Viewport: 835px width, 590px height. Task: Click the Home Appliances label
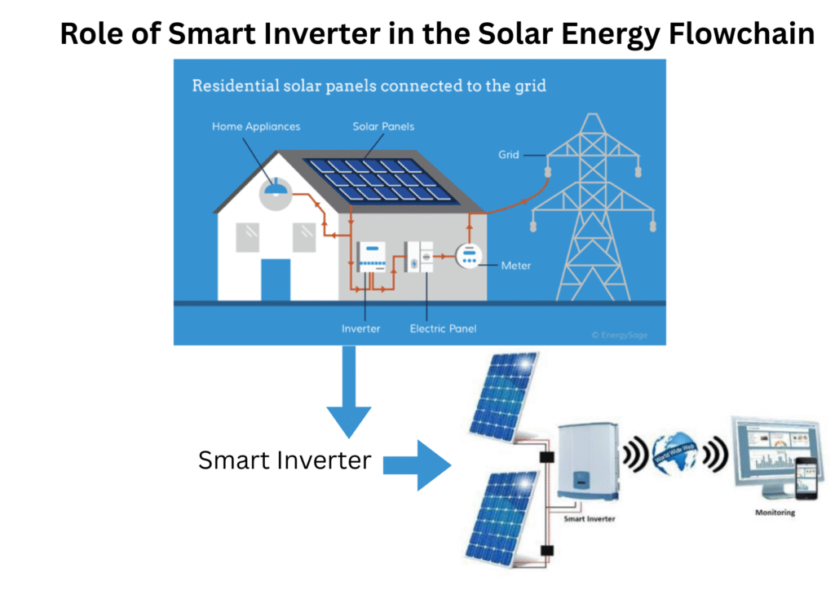pyautogui.click(x=256, y=126)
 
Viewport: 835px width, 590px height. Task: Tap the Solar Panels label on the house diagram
pyautogui.click(x=383, y=126)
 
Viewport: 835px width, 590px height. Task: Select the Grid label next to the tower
pyautogui.click(x=508, y=154)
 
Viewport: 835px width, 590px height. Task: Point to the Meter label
pyautogui.click(x=515, y=265)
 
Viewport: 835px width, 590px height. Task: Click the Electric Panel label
pyautogui.click(x=443, y=328)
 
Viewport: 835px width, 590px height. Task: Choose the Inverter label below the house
pyautogui.click(x=360, y=328)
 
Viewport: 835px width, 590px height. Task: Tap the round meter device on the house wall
pyautogui.click(x=468, y=258)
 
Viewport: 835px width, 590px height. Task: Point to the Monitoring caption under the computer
pyautogui.click(x=774, y=513)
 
